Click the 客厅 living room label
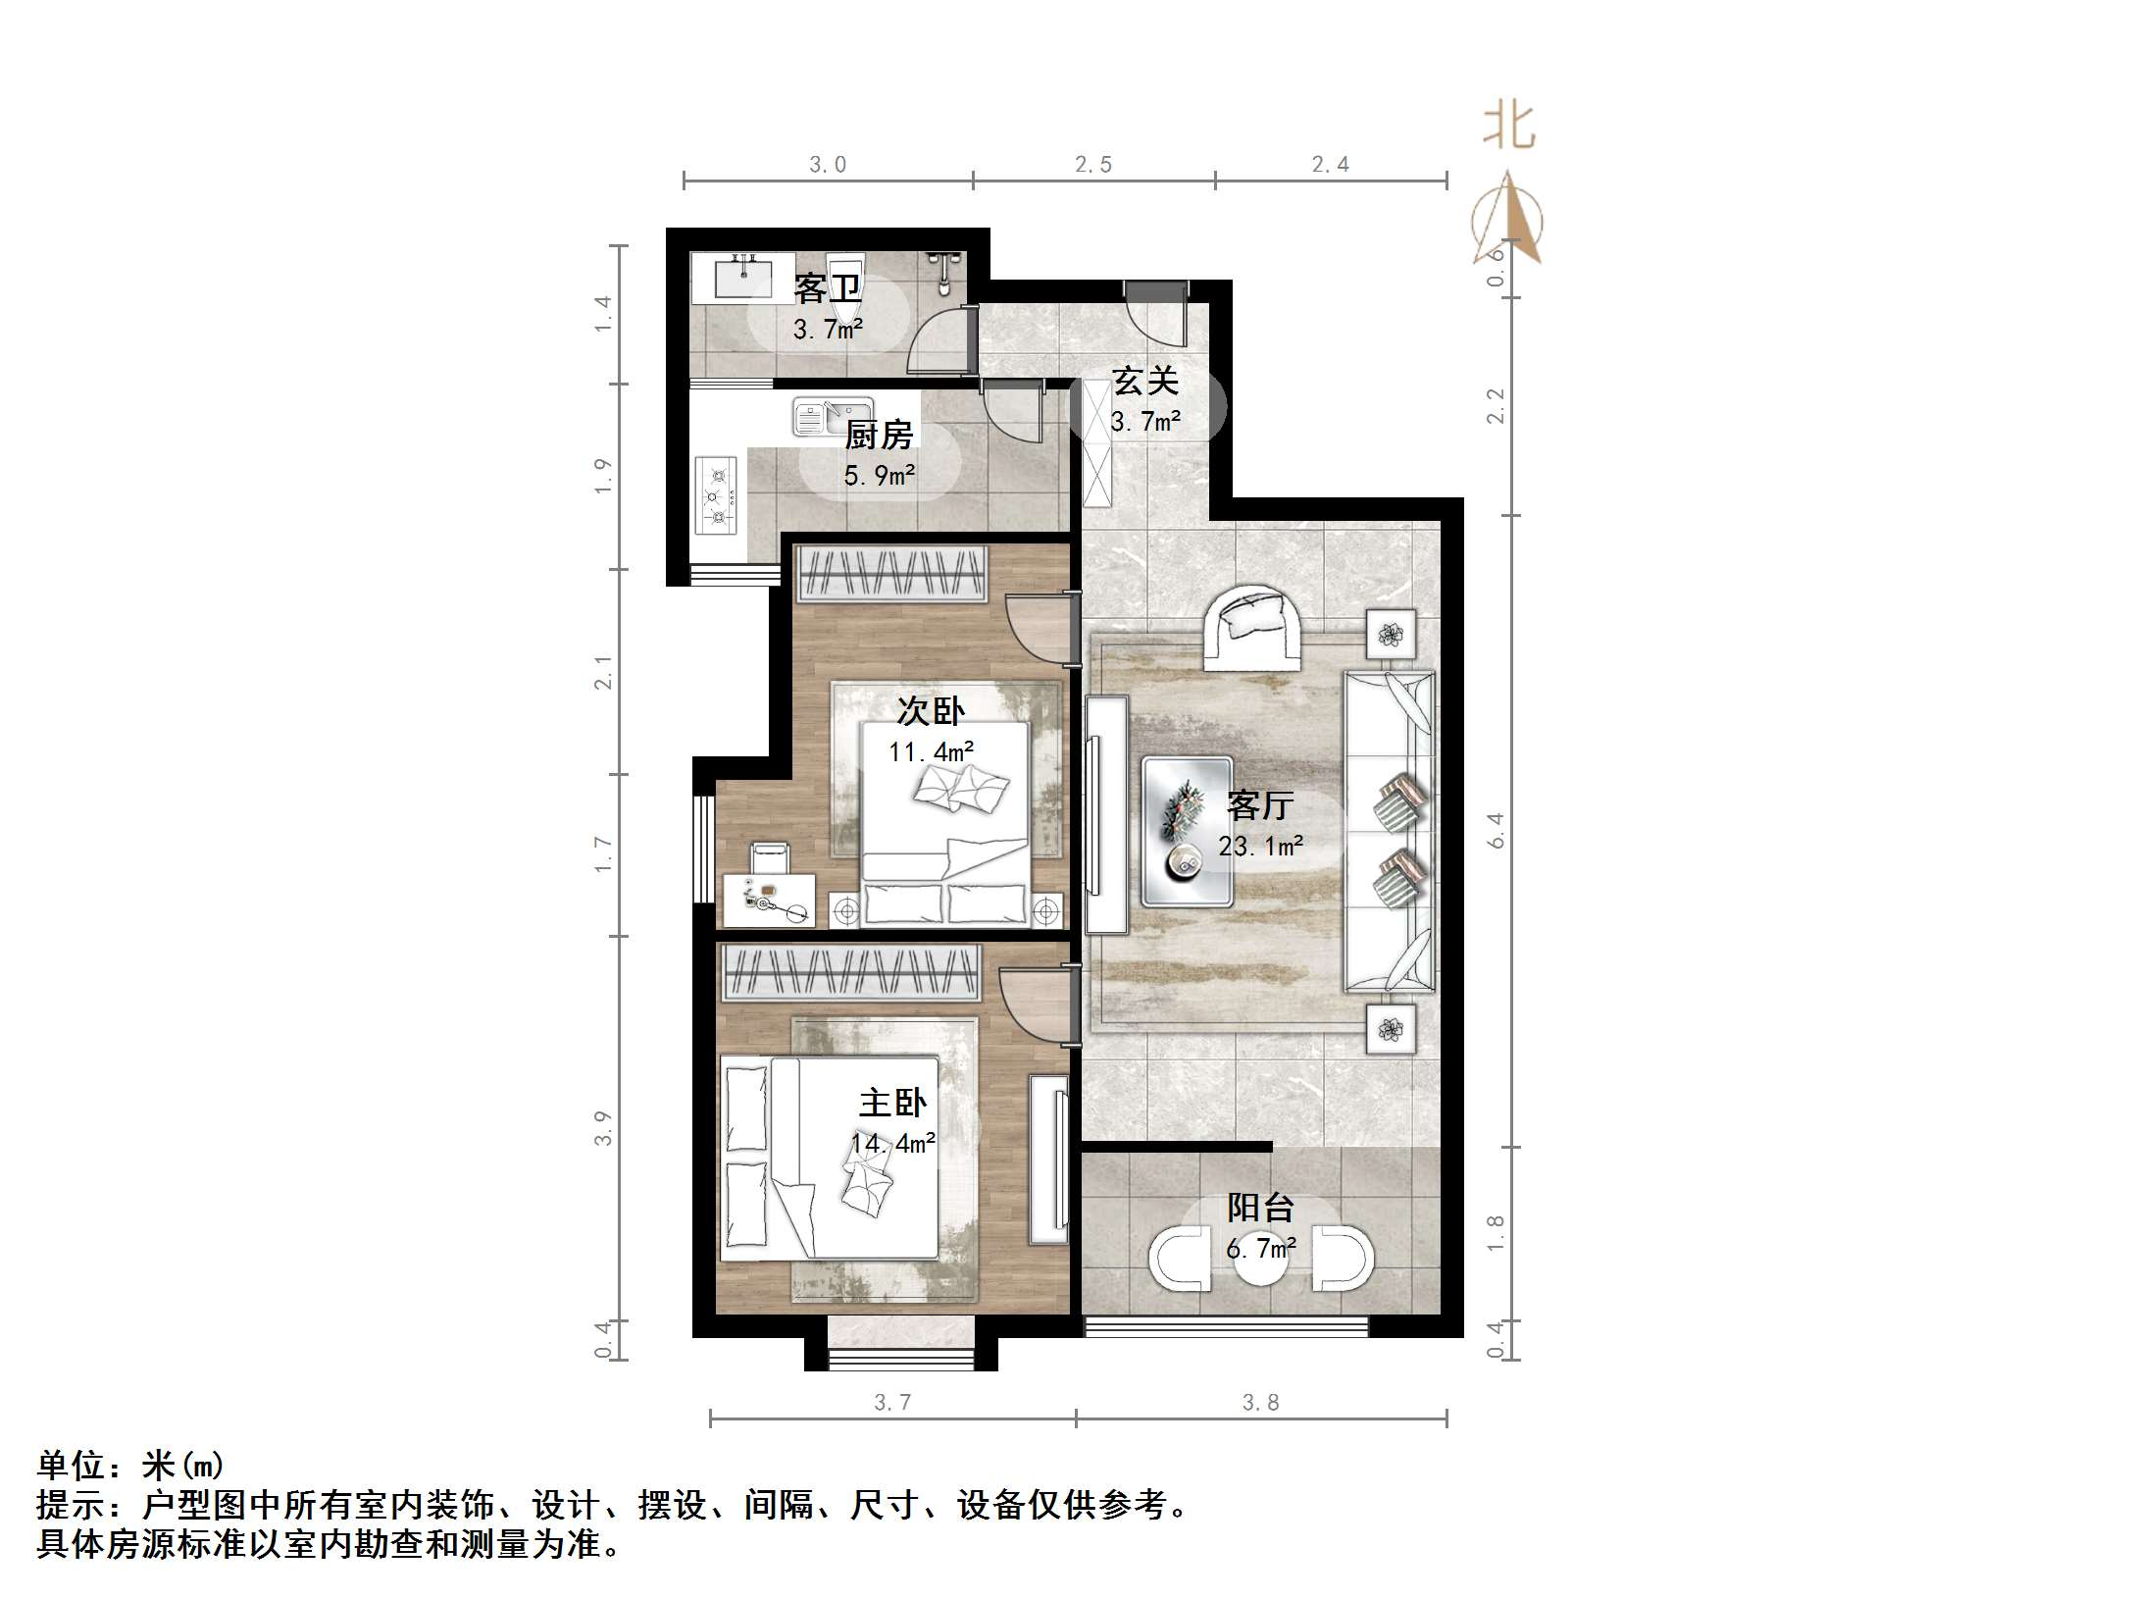click(1259, 805)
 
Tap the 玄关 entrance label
click(1144, 381)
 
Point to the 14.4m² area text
click(892, 1143)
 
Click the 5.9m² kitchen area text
click(880, 476)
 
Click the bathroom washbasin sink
click(743, 278)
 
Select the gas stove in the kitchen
click(715, 495)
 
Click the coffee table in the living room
click(1187, 832)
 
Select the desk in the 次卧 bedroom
click(769, 901)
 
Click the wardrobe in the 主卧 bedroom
click(851, 973)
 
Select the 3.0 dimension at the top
click(827, 165)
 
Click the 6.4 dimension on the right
click(1496, 829)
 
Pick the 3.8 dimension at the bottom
click(1260, 1403)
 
